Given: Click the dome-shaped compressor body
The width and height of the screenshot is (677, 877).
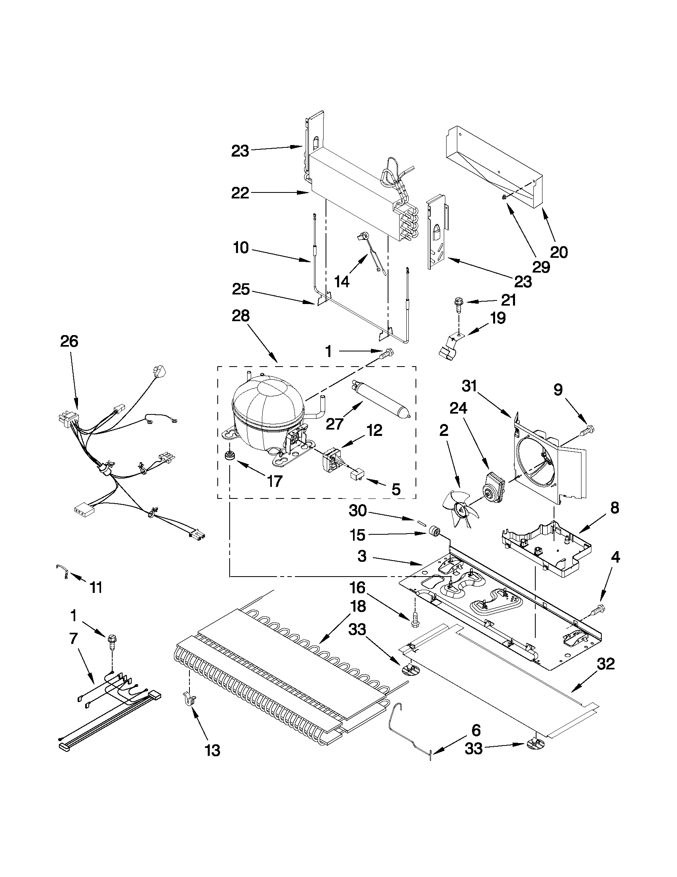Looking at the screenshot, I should click(267, 410).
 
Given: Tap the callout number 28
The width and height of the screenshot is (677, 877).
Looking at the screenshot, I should click(241, 316).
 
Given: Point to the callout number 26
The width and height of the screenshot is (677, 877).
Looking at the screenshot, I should click(69, 341).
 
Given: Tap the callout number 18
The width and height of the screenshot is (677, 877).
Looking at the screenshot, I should click(357, 606).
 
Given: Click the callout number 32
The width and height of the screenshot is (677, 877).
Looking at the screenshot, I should click(606, 664).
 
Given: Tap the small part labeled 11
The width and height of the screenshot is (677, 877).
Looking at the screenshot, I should click(62, 571).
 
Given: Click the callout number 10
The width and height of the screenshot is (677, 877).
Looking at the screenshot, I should click(241, 248).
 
